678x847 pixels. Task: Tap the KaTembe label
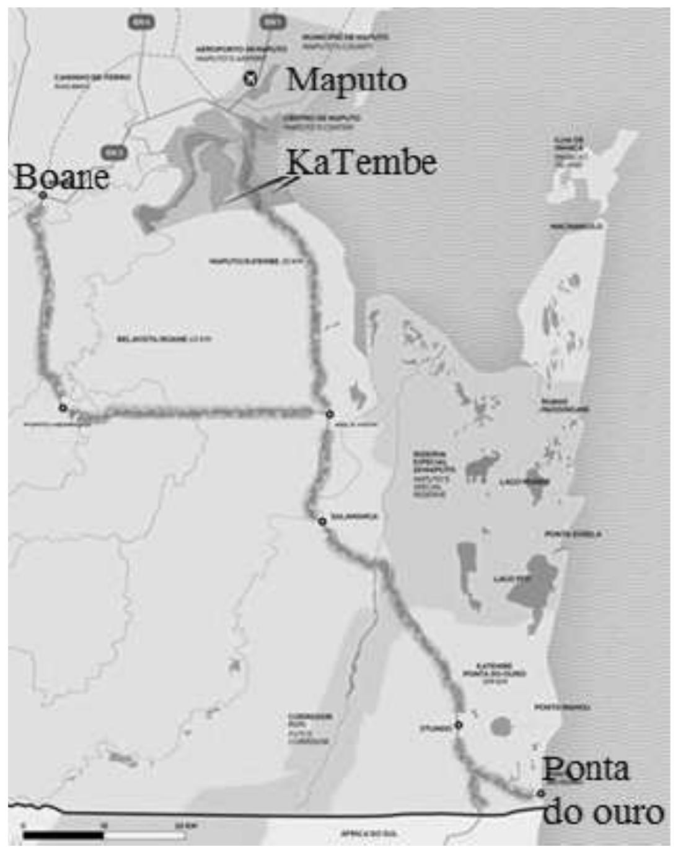(361, 163)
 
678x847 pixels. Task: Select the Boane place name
(61, 177)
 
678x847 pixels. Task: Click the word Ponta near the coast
(586, 770)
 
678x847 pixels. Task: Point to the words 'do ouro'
(602, 812)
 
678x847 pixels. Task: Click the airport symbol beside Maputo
(250, 79)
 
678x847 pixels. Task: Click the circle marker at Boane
(43, 196)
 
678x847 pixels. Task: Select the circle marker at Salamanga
(322, 521)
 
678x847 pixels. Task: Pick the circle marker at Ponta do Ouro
(541, 793)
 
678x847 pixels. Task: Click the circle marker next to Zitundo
(459, 724)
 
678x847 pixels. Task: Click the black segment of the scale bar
(62, 835)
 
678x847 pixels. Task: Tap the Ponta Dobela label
(573, 534)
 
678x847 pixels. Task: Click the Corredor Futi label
(310, 728)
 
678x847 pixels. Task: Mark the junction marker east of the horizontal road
(330, 414)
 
